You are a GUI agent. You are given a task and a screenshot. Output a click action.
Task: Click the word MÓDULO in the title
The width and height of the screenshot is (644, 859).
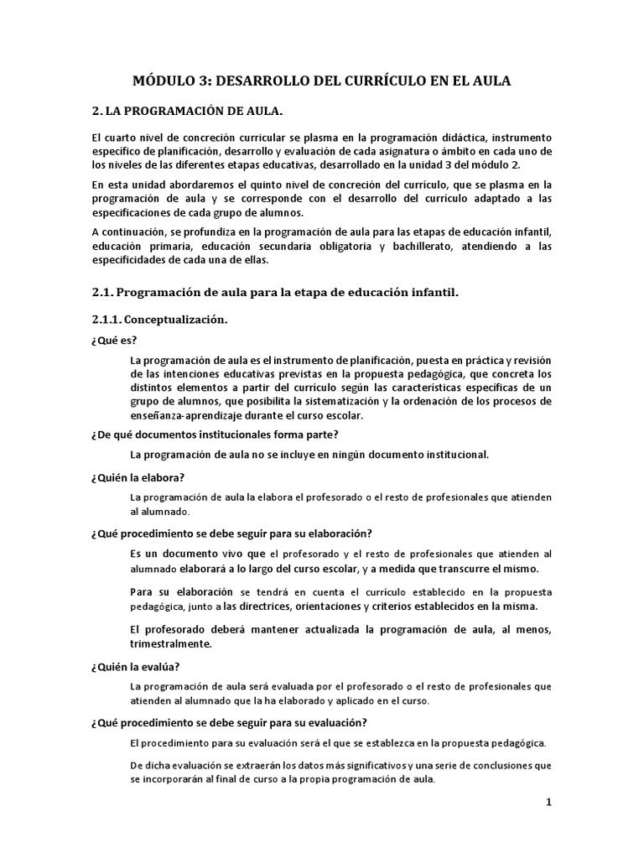pos(164,81)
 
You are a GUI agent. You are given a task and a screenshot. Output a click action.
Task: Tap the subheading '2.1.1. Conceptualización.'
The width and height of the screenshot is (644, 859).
pos(159,320)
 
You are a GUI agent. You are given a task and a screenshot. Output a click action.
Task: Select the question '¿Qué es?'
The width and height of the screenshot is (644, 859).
pos(114,341)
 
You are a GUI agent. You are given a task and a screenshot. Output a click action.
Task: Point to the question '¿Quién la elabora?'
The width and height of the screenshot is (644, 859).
pos(138,477)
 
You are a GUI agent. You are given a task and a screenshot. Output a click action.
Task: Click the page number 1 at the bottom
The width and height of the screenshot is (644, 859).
pos(549,802)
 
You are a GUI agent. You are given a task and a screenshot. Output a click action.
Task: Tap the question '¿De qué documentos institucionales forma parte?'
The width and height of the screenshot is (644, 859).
pos(215,434)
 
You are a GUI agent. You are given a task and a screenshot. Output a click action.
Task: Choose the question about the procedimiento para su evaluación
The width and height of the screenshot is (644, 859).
pos(228,722)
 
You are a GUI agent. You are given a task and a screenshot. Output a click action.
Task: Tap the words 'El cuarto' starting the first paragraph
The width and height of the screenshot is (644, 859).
pos(114,137)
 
